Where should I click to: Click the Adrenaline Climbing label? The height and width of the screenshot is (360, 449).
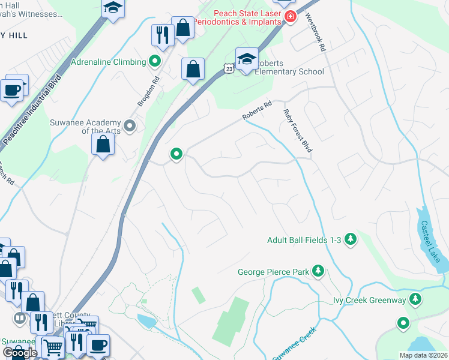click(x=108, y=62)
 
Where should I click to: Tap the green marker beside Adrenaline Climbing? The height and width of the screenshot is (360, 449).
click(x=154, y=61)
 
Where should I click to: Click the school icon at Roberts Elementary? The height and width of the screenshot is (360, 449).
click(x=246, y=59)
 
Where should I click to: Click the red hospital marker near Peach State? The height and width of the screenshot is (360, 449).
click(x=291, y=16)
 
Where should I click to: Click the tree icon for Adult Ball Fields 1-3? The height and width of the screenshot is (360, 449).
click(x=351, y=240)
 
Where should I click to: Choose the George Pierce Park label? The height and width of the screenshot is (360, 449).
click(x=273, y=272)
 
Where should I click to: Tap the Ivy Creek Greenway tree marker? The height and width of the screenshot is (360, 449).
click(x=415, y=299)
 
